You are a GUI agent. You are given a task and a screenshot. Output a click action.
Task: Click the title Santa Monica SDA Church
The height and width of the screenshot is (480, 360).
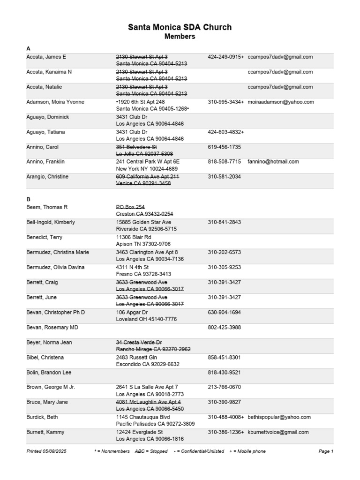(180, 28)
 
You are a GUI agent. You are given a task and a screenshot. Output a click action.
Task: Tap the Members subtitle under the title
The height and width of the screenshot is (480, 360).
(180, 37)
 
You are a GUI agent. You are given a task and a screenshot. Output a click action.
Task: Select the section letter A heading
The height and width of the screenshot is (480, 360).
(28, 48)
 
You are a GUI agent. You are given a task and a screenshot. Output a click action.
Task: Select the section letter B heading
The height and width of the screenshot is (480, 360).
(28, 199)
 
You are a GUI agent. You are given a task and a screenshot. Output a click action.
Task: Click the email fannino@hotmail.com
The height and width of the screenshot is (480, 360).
(273, 162)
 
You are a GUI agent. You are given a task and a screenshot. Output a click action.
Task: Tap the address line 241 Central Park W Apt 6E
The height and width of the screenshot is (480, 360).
(148, 162)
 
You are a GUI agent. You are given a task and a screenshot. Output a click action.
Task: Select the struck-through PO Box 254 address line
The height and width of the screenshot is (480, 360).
(130, 207)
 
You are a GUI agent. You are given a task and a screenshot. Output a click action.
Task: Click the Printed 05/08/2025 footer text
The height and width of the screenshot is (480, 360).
(48, 451)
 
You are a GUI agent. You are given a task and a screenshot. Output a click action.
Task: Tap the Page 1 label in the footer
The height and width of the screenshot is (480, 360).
(325, 451)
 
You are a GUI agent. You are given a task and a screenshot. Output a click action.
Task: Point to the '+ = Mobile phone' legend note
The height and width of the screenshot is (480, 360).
(247, 451)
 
